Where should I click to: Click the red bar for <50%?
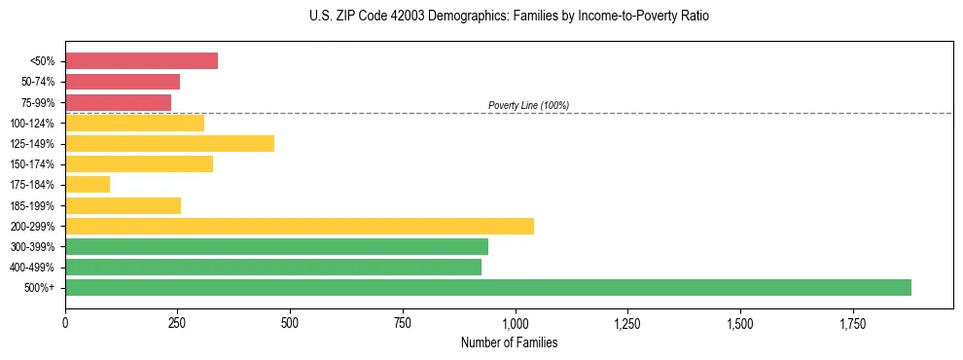(141, 61)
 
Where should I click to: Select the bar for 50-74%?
(123, 82)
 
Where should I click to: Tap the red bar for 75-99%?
(118, 102)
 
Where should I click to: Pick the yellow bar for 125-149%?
(169, 144)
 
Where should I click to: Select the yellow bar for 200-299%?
(300, 226)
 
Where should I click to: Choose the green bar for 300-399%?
(276, 246)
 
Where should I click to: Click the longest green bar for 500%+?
(488, 287)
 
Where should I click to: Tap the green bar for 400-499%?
(273, 267)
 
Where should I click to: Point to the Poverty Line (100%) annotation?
(528, 105)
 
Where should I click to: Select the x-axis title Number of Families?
(510, 342)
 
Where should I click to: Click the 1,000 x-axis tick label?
(515, 322)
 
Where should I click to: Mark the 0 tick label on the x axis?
(65, 322)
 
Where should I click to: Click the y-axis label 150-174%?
(32, 164)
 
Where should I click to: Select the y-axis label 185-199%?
(32, 205)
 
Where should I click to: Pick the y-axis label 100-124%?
(32, 124)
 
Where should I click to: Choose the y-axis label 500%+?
(39, 288)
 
